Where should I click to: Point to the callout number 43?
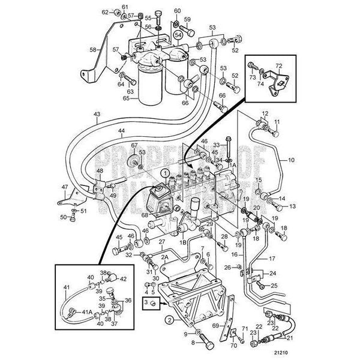[x=97, y=114]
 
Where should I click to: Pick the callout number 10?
[x=292, y=160]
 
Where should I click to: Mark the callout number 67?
[x=134, y=146]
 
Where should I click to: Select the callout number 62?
[x=105, y=12]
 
